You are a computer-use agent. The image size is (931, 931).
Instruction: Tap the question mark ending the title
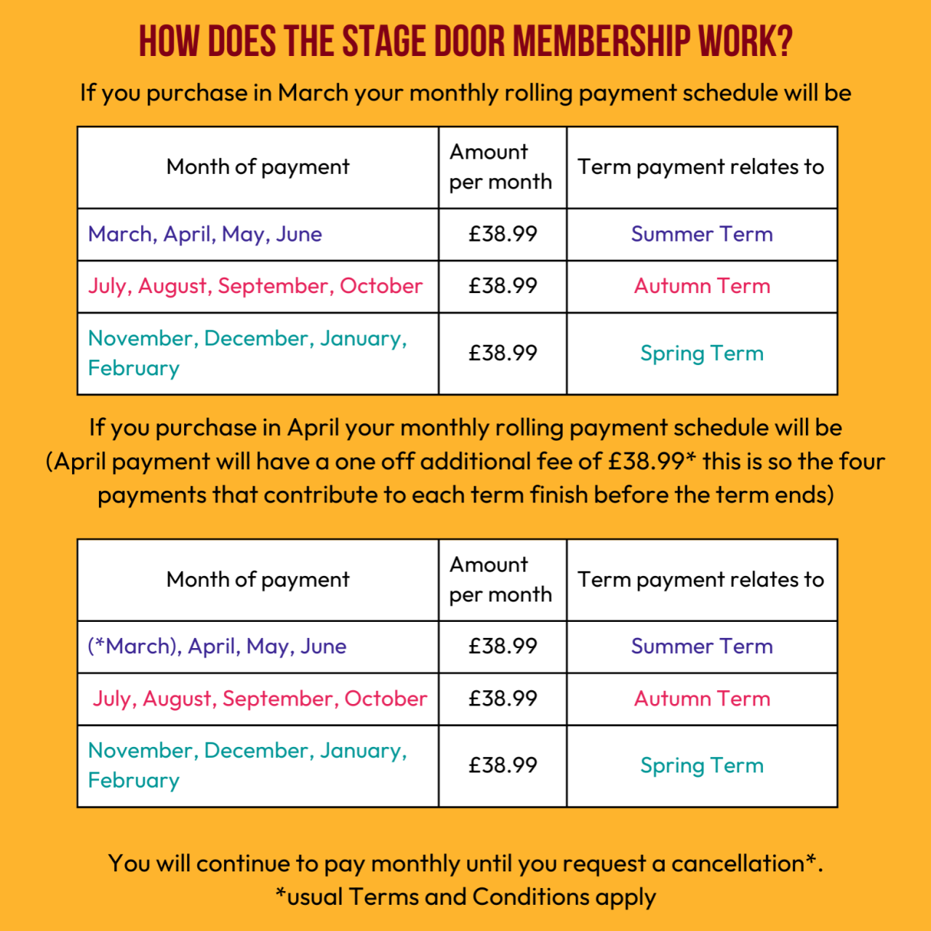pyautogui.click(x=783, y=41)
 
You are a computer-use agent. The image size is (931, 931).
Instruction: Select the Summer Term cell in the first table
pyautogui.click(x=702, y=234)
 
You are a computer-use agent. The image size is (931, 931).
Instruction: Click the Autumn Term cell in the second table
pyautogui.click(x=702, y=698)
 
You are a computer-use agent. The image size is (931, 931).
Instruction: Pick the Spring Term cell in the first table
pyautogui.click(x=702, y=353)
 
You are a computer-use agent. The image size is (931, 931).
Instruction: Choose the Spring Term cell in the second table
pyautogui.click(x=702, y=765)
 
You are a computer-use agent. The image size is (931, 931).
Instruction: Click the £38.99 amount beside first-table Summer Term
pyautogui.click(x=503, y=234)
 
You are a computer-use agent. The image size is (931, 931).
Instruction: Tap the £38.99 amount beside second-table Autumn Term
pyautogui.click(x=503, y=698)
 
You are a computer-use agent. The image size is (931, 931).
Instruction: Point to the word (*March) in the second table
pyautogui.click(x=134, y=646)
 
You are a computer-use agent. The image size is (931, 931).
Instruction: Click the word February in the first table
pyautogui.click(x=134, y=369)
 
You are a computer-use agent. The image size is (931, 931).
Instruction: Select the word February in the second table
pyautogui.click(x=134, y=780)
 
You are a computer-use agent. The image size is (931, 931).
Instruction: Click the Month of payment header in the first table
pyautogui.click(x=257, y=167)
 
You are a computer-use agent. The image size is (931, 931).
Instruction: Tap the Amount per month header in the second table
pyautogui.click(x=500, y=580)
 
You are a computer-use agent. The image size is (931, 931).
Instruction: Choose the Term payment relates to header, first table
pyautogui.click(x=701, y=167)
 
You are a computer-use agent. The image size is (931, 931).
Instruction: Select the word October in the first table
pyautogui.click(x=381, y=286)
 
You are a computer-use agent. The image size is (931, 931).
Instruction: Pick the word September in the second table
pyautogui.click(x=278, y=698)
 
